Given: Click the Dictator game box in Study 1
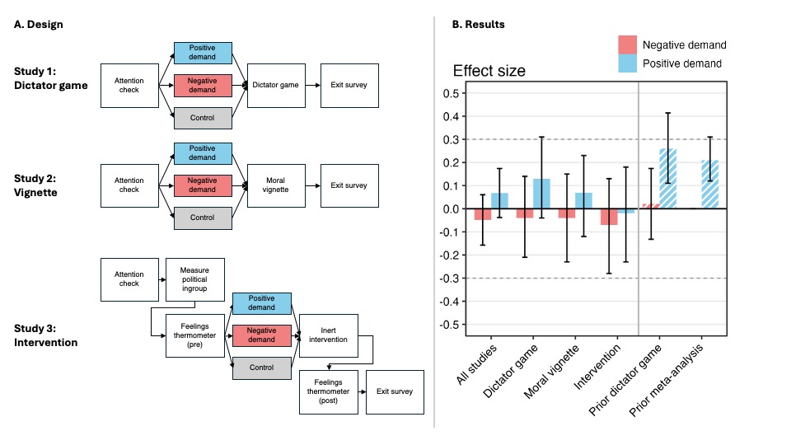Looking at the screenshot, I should tap(274, 84).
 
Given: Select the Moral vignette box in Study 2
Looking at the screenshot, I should tap(274, 185).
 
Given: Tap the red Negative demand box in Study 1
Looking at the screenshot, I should tap(203, 84).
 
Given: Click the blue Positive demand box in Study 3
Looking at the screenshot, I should tap(262, 303).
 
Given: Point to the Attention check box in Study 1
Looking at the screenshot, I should tap(128, 84).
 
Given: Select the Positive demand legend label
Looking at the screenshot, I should tap(683, 63).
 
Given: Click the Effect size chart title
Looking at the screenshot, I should tap(489, 71).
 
